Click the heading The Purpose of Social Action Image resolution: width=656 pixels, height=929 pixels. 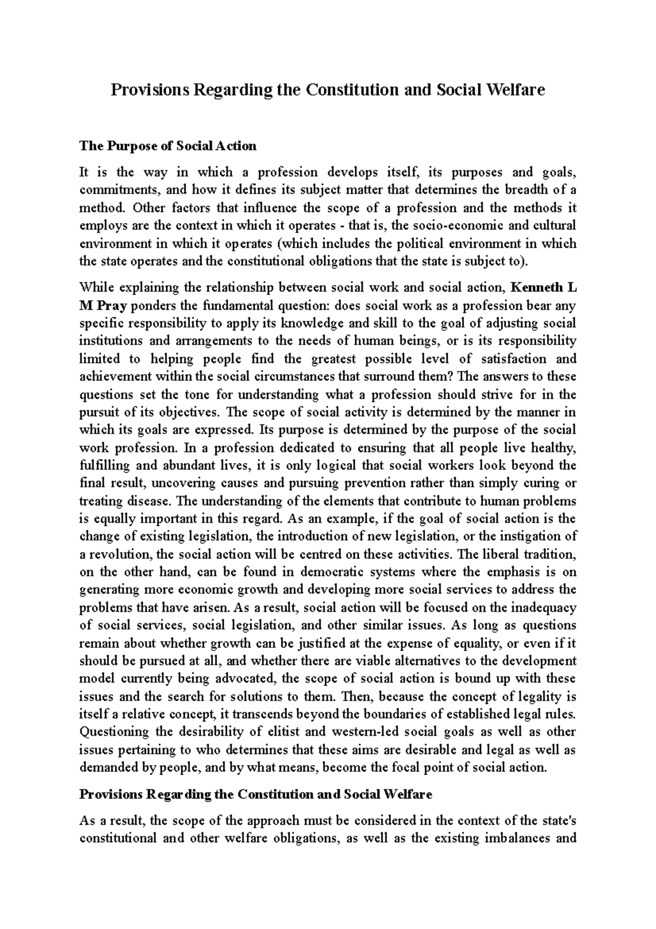[x=168, y=146]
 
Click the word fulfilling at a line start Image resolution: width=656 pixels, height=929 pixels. [x=104, y=466]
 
